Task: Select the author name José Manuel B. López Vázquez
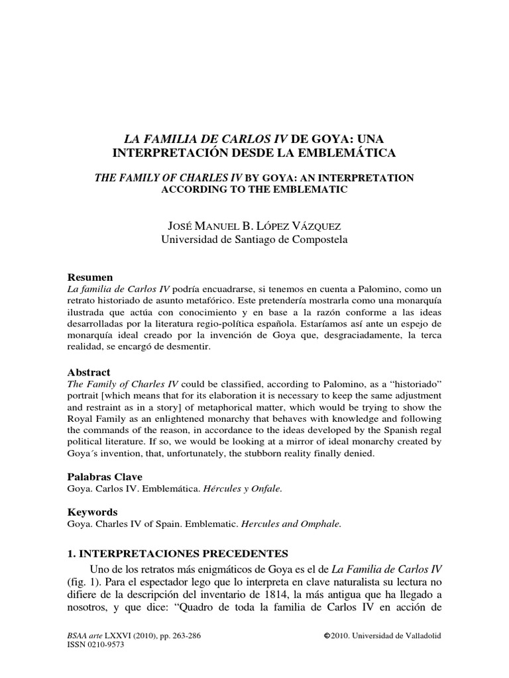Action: coord(254,227)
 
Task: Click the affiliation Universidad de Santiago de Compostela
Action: coord(254,240)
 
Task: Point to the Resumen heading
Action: coord(91,277)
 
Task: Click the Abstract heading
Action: coord(89,372)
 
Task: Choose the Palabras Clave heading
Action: coord(105,477)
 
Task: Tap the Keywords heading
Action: coord(93,512)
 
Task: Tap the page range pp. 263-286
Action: coord(165,636)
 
